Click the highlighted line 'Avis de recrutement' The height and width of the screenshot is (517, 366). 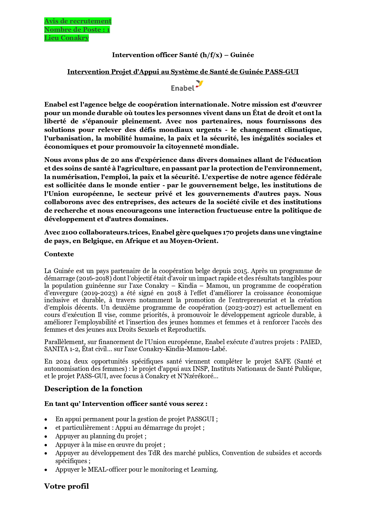click(78, 21)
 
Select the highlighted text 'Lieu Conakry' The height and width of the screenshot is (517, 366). click(66, 38)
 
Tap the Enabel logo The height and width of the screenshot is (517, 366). click(187, 86)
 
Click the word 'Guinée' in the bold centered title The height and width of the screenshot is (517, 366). click(242, 55)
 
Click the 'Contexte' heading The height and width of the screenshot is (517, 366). click(59, 254)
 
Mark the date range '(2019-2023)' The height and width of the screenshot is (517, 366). click(94, 293)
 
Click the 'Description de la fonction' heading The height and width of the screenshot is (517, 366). click(93, 389)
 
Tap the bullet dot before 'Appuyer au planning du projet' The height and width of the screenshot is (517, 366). click(46, 437)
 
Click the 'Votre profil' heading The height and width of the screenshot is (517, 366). click(66, 486)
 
